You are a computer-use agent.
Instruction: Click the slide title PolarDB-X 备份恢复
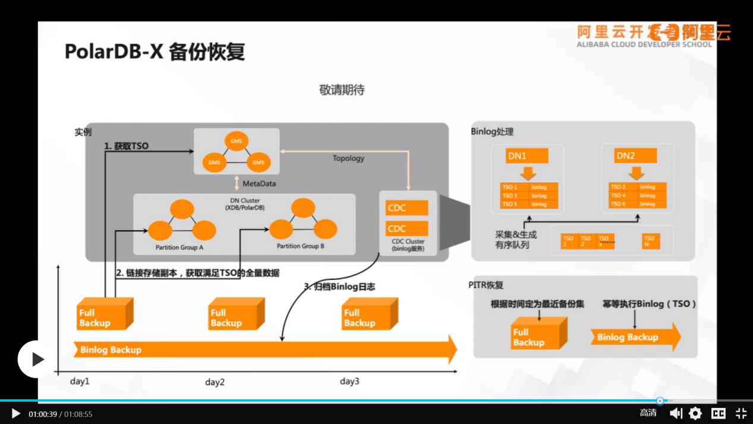pos(155,52)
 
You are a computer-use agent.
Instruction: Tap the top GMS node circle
pos(236,141)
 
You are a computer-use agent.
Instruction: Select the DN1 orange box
pos(527,156)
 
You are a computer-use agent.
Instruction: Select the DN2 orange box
pos(635,156)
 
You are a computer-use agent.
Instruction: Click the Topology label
pos(348,158)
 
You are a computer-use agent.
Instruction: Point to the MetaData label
pos(259,184)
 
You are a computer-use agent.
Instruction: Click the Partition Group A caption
pos(179,247)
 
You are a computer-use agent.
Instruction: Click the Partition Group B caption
pos(301,246)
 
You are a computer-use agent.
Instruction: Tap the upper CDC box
pos(407,208)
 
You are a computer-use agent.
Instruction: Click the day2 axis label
pos(215,382)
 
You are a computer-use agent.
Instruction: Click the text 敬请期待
pos(342,90)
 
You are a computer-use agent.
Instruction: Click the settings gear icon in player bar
pos(695,413)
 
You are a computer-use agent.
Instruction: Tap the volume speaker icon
pos(676,413)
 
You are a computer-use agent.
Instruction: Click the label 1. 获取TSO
pos(127,146)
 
